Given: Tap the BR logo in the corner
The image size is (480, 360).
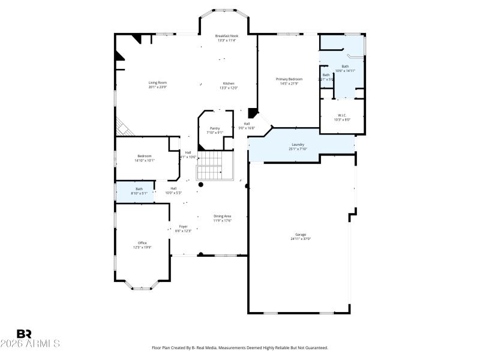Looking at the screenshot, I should click(24, 334).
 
